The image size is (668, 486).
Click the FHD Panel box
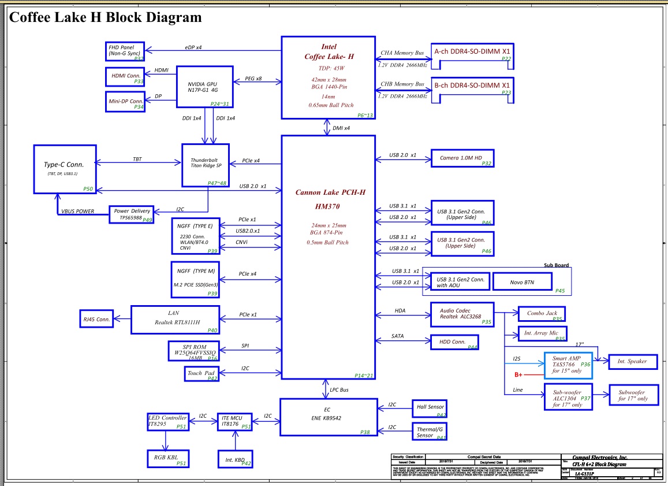tap(125, 51)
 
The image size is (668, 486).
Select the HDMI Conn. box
tap(125, 77)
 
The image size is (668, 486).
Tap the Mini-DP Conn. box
tap(125, 101)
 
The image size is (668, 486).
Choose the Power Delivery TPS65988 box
tap(132, 214)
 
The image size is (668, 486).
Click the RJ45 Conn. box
tap(96, 318)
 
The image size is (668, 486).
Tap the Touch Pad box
tap(201, 374)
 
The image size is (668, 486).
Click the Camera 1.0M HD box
tap(464, 158)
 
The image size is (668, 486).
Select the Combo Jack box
tap(542, 314)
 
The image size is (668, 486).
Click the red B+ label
tap(519, 375)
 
